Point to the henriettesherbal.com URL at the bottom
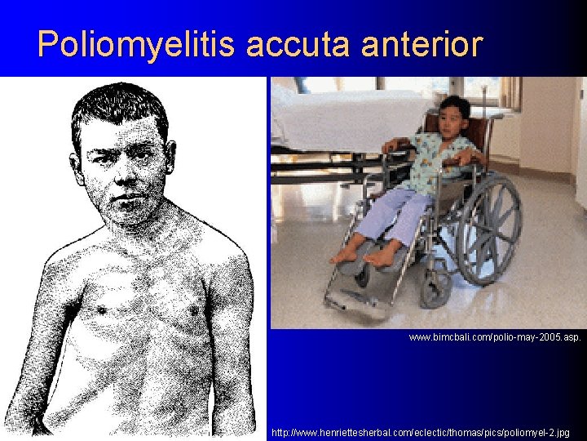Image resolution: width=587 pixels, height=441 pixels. coord(421,431)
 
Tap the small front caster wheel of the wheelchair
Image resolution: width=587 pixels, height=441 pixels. coord(437,287)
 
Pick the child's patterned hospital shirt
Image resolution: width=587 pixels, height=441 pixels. coord(440,163)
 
